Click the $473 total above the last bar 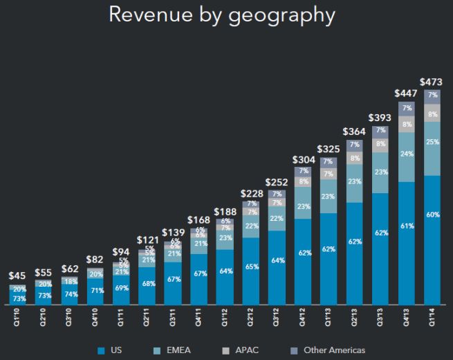[x=432, y=81]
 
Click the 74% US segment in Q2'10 [x=70, y=294]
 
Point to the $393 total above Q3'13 [x=380, y=118]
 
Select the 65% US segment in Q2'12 [x=251, y=266]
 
